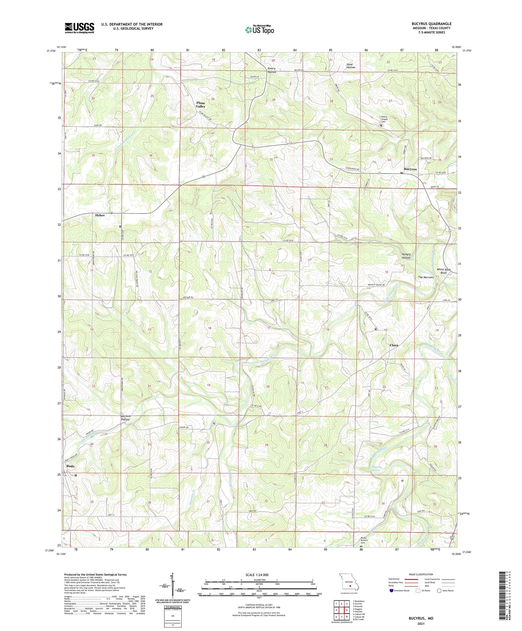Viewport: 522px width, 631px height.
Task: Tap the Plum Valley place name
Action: point(201,104)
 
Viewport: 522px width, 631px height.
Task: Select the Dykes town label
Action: point(100,215)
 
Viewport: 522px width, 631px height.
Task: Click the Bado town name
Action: point(71,466)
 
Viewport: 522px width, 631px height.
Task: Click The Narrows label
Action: point(426,277)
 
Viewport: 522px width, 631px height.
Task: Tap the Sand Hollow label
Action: point(350,66)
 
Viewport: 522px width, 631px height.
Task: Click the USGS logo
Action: point(79,28)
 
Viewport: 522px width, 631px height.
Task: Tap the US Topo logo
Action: point(259,30)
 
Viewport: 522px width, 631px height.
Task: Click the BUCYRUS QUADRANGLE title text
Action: point(431,24)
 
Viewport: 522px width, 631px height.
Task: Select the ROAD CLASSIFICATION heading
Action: point(421,574)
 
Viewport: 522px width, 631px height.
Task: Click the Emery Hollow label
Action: point(271,70)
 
